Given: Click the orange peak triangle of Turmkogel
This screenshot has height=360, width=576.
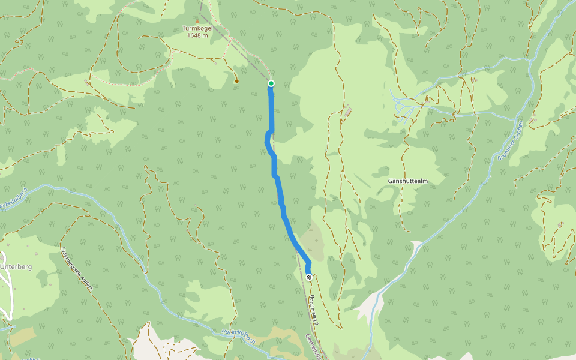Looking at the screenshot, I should (197, 21).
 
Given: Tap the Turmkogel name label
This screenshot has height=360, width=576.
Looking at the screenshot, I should (197, 28).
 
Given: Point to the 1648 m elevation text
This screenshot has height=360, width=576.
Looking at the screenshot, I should (197, 35).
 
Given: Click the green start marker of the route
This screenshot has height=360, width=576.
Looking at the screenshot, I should (271, 83).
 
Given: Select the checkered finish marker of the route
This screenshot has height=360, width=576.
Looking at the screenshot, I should (308, 277).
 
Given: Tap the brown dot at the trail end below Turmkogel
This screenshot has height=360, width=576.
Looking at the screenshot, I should (236, 81).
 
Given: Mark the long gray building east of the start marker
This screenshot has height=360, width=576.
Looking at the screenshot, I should (347, 112).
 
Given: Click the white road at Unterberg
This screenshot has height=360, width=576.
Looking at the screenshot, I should (7, 300).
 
